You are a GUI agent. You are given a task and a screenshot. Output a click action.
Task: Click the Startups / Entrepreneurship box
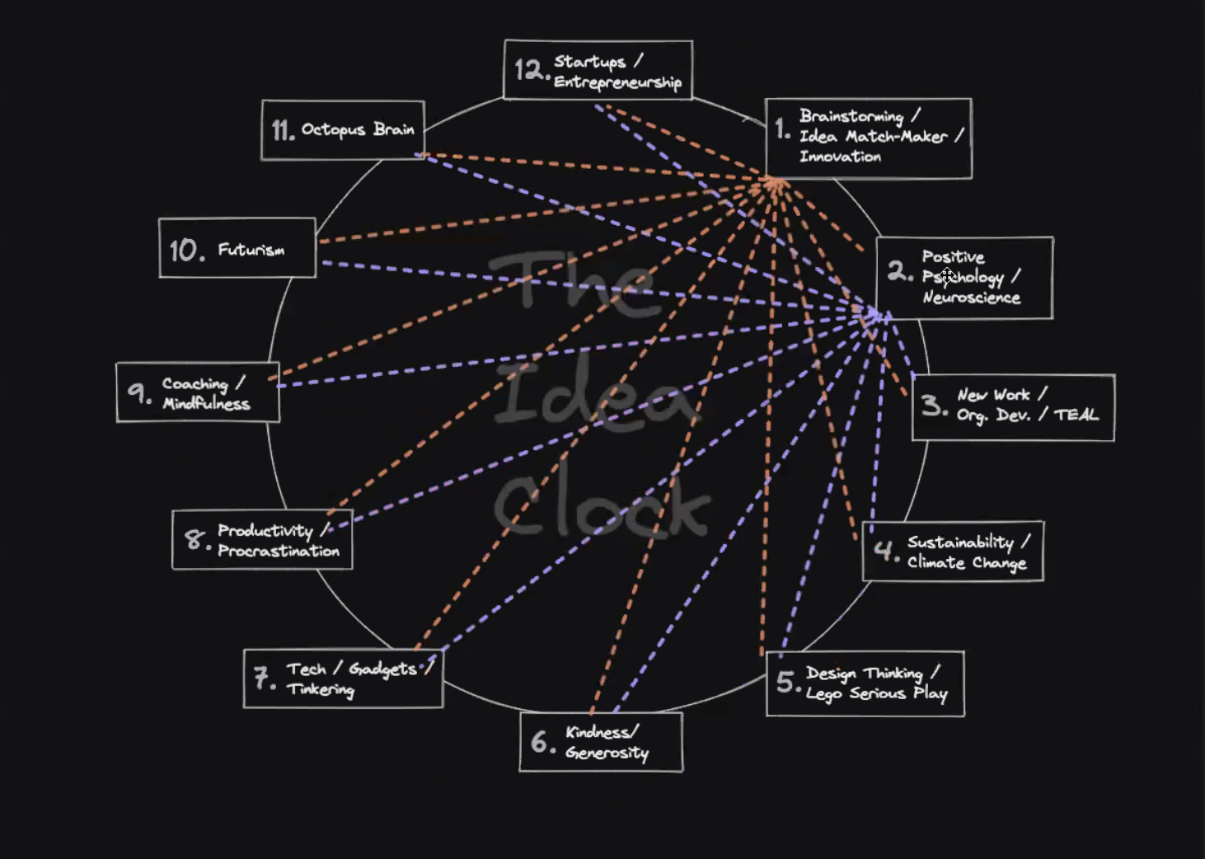[598, 70]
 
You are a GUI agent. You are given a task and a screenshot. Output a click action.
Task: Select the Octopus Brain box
[343, 130]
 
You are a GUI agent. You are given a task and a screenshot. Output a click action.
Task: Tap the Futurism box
[237, 248]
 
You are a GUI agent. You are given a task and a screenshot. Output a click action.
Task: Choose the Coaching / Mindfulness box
[198, 392]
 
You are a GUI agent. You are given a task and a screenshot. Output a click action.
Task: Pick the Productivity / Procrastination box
[262, 540]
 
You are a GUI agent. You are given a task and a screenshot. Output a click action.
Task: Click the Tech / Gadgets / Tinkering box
[343, 678]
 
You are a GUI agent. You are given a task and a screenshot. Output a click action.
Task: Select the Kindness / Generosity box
[601, 742]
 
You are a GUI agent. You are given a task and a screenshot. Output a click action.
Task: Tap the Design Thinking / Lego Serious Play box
[865, 683]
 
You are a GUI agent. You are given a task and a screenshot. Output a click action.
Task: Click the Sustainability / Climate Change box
[953, 552]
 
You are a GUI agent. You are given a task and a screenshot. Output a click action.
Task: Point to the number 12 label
[530, 71]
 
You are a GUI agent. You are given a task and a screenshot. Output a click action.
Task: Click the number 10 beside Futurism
[186, 250]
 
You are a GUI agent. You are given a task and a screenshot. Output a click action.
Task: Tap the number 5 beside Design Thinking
[786, 683]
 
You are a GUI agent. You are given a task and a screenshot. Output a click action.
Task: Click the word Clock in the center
[602, 505]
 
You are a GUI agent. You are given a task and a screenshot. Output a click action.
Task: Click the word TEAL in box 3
[1076, 415]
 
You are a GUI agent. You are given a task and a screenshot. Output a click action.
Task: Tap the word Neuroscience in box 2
[971, 298]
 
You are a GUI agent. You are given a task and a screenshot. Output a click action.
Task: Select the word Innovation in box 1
[840, 157]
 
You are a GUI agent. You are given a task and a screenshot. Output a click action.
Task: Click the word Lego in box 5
[823, 694]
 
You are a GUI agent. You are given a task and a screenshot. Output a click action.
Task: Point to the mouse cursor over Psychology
[947, 275]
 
